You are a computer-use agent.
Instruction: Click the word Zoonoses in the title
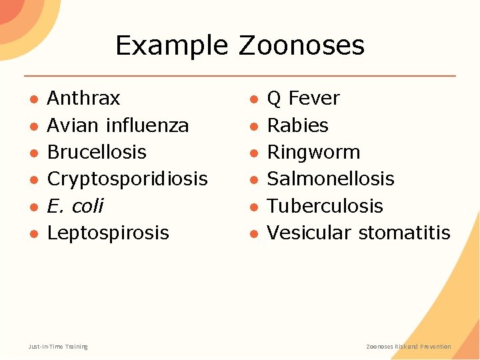click(301, 45)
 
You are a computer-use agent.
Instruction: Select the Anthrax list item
click(83, 99)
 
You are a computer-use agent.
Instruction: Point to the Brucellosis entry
click(97, 152)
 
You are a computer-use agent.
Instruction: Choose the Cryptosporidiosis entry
click(127, 179)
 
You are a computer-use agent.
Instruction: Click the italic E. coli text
click(75, 206)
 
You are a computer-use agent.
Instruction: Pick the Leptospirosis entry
click(108, 233)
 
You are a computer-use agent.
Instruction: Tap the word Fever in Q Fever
click(314, 99)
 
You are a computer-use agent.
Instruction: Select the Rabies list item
click(297, 125)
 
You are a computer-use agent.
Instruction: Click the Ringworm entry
click(313, 152)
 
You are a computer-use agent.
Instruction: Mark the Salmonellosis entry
click(331, 179)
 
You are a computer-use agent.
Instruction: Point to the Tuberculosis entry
click(325, 206)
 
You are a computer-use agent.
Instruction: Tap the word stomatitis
click(404, 233)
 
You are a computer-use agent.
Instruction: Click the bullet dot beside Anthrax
click(33, 99)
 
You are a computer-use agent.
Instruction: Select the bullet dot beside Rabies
click(253, 126)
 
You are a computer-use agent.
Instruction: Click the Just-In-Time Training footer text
click(58, 347)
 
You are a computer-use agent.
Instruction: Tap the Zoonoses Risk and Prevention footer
click(409, 347)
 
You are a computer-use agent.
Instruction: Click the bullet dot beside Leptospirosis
click(33, 233)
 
